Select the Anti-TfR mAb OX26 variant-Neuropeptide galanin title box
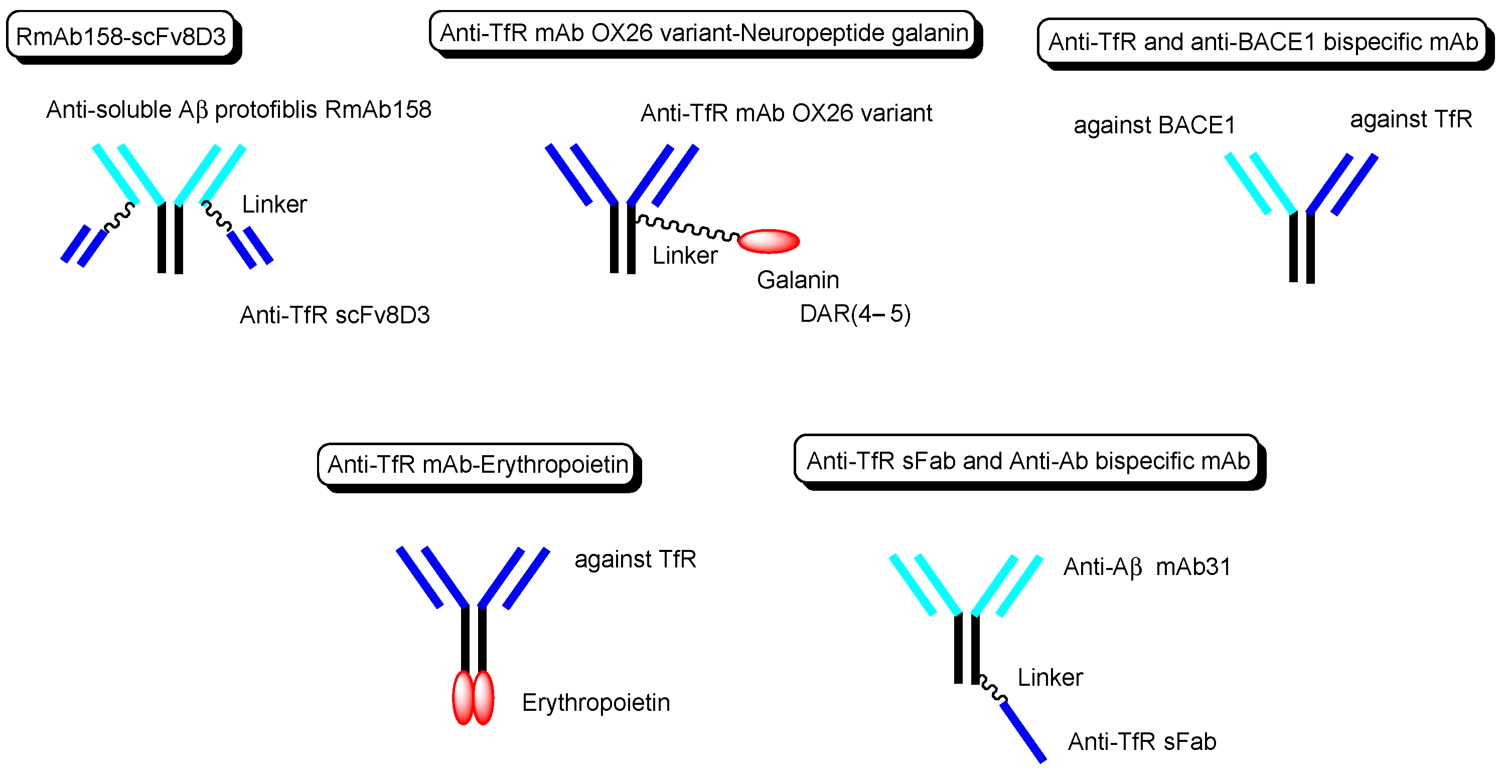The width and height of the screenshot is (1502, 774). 703,33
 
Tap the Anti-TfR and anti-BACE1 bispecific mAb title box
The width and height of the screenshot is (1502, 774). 1262,42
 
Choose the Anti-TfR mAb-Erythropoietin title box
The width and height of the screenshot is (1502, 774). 477,465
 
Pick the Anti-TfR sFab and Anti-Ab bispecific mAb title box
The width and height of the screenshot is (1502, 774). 1027,460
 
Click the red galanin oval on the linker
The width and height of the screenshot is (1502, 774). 769,241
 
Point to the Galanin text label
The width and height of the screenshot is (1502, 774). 798,280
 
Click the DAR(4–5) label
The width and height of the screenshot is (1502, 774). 855,314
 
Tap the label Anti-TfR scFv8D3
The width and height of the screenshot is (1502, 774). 335,315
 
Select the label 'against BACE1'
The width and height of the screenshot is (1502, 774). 1154,125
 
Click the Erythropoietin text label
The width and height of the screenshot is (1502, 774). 596,702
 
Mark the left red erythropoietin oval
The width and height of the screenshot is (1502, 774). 463,698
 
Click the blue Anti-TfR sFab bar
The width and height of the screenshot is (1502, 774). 1023,731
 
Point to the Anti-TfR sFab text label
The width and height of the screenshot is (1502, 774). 1142,742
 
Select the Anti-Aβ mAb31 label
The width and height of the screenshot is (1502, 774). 1147,567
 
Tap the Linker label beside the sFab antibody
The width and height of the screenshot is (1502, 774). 1050,678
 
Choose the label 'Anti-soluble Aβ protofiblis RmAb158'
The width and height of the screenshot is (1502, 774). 238,110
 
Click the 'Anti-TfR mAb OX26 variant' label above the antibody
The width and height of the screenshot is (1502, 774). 786,113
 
